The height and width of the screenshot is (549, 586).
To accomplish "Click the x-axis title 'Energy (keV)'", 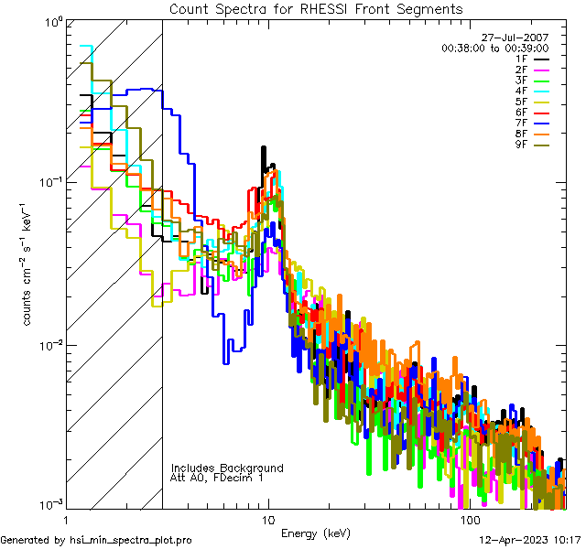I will point(315,533).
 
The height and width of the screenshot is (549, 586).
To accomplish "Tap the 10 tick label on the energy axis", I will point(267,520).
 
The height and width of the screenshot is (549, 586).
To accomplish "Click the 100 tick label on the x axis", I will point(469,520).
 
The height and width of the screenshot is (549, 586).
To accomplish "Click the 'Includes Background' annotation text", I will point(227,468).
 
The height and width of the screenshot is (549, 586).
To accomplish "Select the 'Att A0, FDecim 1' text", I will point(217,478).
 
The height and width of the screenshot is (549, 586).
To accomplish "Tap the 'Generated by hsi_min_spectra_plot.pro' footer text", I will point(96,540).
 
